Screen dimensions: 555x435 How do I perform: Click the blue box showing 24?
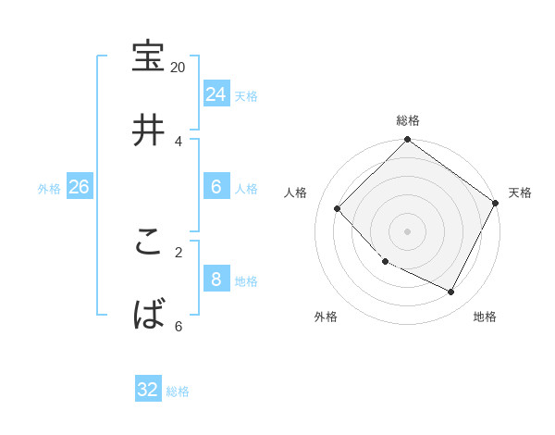216,93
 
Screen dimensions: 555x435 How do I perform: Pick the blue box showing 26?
79,187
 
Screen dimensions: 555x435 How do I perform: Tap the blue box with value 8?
216,279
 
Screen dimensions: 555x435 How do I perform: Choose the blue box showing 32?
148,390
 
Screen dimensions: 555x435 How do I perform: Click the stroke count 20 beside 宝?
179,67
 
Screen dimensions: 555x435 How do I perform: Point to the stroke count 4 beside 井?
179,141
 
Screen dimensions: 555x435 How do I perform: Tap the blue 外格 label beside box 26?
49,189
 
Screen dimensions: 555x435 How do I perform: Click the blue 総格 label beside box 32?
178,391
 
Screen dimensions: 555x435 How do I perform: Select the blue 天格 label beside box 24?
246,95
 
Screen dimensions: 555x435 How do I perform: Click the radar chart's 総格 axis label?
408,120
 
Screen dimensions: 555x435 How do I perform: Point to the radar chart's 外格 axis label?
326,317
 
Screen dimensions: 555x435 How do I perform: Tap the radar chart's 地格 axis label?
485,317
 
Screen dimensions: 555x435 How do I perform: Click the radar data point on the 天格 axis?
495,204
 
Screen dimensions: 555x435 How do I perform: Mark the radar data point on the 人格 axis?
338,208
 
